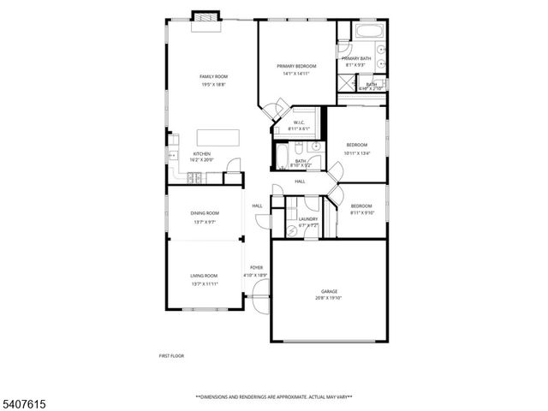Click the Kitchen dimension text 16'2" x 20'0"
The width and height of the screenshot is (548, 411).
pyautogui.click(x=201, y=160)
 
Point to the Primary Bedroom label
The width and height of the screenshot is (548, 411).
pyautogui.click(x=296, y=66)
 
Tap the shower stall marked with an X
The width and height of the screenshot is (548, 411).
pyautogui.click(x=345, y=82)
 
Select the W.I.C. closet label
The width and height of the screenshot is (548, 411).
pyautogui.click(x=300, y=122)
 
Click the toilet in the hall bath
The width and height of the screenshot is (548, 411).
pyautogui.click(x=315, y=147)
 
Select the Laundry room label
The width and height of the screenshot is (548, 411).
pyautogui.click(x=308, y=218)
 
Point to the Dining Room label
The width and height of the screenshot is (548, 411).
pyautogui.click(x=205, y=212)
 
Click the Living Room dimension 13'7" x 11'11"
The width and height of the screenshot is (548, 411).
pyautogui.click(x=205, y=282)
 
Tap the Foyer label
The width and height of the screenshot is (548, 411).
pyautogui.click(x=257, y=269)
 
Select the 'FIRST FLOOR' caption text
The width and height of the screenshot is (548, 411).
pyautogui.click(x=171, y=355)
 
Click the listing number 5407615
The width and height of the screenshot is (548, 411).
pyautogui.click(x=21, y=399)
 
